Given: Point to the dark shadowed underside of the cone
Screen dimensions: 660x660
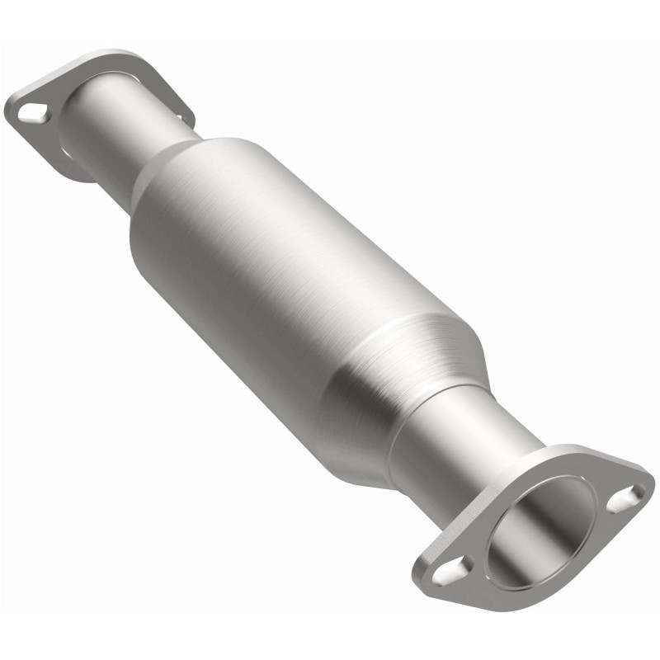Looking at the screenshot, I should pos(355,437).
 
